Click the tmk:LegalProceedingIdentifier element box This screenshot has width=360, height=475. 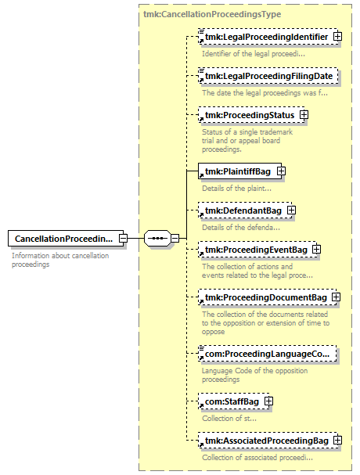pyautogui.click(x=268, y=37)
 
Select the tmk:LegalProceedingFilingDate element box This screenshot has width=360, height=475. pyautogui.click(x=268, y=76)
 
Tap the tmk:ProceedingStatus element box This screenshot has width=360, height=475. pyautogui.click(x=251, y=115)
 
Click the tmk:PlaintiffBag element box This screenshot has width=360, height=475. pyautogui.click(x=240, y=171)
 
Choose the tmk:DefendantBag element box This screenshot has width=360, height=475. pyautogui.click(x=245, y=211)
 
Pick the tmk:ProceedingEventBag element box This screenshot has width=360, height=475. pyautogui.click(x=258, y=250)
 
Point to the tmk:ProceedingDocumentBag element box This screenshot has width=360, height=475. pyautogui.click(x=268, y=297)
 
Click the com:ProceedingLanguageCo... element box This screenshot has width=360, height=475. pyautogui.click(x=268, y=354)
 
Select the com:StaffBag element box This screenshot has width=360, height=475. pyautogui.click(x=234, y=401)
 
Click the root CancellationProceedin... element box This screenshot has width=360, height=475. pyautogui.click(x=66, y=239)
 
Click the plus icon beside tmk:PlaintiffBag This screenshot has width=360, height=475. pyautogui.click(x=281, y=171)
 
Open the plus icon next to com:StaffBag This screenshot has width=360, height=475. pyautogui.click(x=268, y=401)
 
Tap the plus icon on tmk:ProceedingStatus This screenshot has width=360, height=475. pyautogui.click(x=304, y=115)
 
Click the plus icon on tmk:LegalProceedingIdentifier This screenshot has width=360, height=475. pyautogui.click(x=337, y=37)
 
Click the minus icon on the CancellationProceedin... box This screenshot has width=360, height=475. pyautogui.click(x=123, y=239)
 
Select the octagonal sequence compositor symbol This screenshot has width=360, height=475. pyautogui.click(x=157, y=239)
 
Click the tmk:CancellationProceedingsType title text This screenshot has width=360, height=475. pyautogui.click(x=212, y=14)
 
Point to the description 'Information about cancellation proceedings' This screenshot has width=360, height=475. pyautogui.click(x=60, y=260)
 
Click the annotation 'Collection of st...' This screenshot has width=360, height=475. pyautogui.click(x=229, y=419)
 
